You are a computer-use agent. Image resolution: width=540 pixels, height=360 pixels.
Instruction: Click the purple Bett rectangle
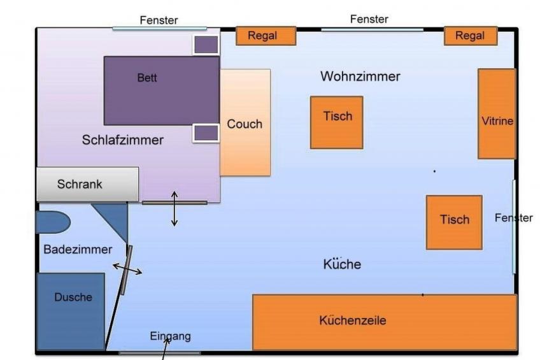[161, 90]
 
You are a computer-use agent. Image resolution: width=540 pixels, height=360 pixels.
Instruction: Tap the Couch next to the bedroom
[245, 122]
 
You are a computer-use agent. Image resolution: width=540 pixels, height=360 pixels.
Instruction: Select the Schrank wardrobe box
[87, 184]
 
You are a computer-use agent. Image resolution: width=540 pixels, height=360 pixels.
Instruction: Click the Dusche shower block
[71, 311]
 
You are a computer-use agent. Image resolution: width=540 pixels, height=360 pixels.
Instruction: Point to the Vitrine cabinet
[497, 113]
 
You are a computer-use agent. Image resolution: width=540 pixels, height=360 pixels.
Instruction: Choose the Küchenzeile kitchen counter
[384, 322]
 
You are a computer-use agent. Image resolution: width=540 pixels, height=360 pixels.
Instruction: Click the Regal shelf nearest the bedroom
[266, 36]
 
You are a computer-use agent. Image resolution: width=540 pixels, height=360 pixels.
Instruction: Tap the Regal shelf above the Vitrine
[470, 36]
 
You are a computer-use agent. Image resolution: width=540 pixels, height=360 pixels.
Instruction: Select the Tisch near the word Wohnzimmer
[336, 122]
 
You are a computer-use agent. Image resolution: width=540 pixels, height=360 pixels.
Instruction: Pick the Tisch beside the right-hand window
[454, 222]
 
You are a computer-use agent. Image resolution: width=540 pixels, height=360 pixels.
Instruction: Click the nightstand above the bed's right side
[206, 45]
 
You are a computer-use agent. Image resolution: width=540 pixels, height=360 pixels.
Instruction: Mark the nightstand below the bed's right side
[206, 133]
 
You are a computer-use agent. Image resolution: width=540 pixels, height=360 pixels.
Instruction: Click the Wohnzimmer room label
[360, 76]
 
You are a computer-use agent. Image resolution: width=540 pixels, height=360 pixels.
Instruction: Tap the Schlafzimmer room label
[122, 140]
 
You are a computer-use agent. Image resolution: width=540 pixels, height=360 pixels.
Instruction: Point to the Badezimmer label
[78, 250]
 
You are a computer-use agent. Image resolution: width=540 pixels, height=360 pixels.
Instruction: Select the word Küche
[342, 264]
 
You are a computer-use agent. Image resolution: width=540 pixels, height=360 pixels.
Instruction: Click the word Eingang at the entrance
[170, 336]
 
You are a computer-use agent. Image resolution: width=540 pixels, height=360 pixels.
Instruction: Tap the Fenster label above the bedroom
[159, 20]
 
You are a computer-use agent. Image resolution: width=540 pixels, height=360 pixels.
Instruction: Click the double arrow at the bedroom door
[174, 208]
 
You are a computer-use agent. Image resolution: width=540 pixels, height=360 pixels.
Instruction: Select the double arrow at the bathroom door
[127, 270]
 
